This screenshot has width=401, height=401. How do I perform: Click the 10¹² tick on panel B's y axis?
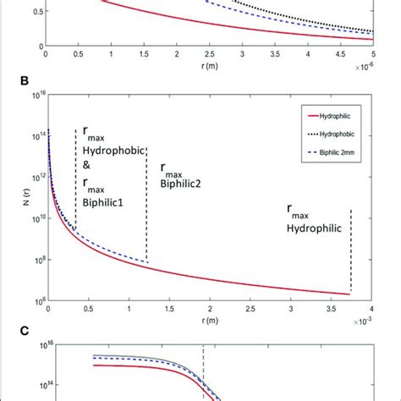point(34,177)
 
